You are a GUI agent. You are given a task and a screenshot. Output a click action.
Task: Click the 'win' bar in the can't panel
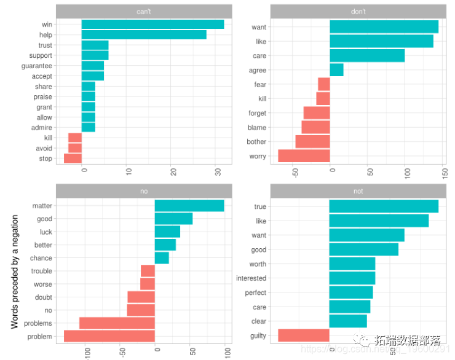click(152, 25)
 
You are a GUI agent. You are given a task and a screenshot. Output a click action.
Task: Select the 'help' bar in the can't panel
click(144, 35)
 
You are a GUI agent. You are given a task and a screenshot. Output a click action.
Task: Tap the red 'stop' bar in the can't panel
click(73, 158)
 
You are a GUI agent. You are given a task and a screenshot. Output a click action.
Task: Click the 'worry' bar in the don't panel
click(304, 156)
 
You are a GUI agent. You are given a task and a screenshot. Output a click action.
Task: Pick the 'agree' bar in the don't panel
click(336, 70)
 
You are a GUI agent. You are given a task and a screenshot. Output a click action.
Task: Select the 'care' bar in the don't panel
click(367, 56)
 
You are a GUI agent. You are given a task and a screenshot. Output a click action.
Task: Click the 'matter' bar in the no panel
click(189, 206)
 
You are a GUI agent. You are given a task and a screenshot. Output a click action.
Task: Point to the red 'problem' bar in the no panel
click(109, 336)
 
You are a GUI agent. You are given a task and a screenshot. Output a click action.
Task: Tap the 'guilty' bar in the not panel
click(304, 335)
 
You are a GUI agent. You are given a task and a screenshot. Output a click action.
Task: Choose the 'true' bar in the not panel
click(384, 206)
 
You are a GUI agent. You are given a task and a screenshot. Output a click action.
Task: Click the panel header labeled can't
click(144, 11)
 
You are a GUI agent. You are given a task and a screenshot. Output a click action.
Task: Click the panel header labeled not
click(358, 191)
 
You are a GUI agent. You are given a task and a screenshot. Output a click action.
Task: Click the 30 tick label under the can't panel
click(218, 173)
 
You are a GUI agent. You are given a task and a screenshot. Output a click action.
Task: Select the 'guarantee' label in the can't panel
click(37, 66)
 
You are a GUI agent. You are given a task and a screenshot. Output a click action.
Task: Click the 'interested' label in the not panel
click(251, 278)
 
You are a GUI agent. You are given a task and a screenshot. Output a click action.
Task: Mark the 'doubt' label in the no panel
click(43, 297)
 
